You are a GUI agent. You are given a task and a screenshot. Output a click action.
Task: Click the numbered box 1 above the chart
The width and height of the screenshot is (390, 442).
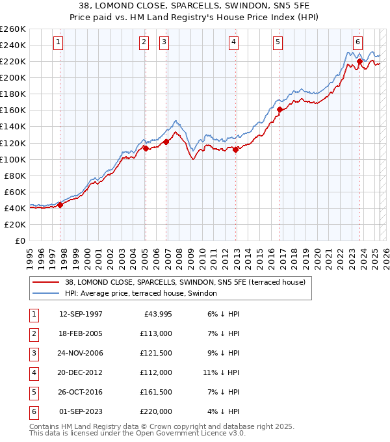pos(58,43)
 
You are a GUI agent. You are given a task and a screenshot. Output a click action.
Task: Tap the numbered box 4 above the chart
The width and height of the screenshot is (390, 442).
pos(233,43)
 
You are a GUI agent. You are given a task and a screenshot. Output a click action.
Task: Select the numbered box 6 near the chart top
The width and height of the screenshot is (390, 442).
pos(357,43)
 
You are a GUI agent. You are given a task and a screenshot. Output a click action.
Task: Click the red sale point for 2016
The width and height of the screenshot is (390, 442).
pos(279,109)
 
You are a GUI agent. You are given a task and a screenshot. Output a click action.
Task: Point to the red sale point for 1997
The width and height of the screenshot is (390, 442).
pos(60,205)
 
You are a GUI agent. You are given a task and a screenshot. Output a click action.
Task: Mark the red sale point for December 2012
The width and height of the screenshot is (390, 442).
pos(235,149)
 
